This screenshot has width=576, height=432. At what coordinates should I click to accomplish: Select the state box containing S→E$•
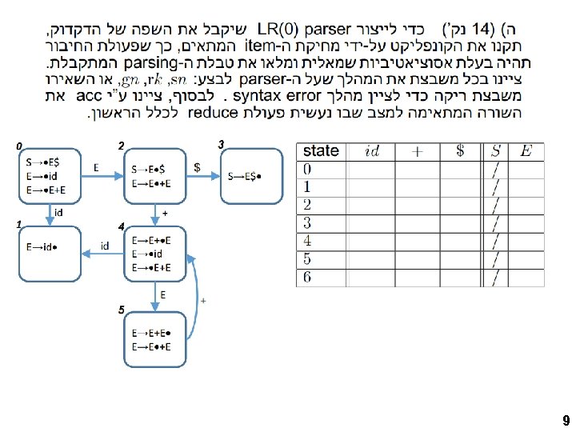coord(250,176)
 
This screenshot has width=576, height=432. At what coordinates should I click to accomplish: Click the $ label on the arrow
coord(198,166)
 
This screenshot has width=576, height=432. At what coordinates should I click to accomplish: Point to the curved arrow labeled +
coord(203,301)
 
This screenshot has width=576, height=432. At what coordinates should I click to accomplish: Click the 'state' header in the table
coord(321,151)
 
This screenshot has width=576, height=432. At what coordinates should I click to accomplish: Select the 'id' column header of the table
coord(371,151)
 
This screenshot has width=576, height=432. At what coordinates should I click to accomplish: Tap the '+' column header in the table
coord(417,151)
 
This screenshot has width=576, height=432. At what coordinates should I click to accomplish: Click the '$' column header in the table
coord(459,151)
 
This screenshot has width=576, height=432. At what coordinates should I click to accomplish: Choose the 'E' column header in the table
coord(526,151)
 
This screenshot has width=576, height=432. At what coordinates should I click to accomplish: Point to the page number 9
coord(566,421)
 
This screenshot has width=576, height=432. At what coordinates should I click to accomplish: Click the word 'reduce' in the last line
coord(213,112)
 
